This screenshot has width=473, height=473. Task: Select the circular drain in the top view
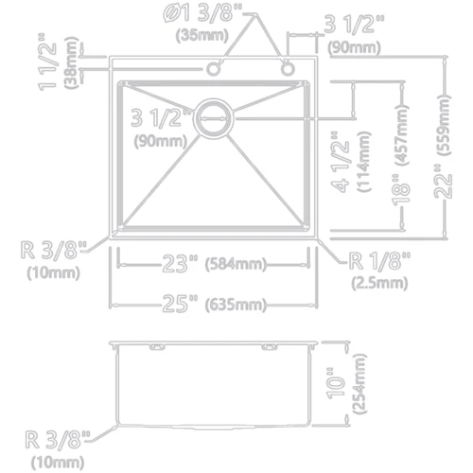(215, 119)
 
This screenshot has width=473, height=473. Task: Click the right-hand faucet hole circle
(287, 68)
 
